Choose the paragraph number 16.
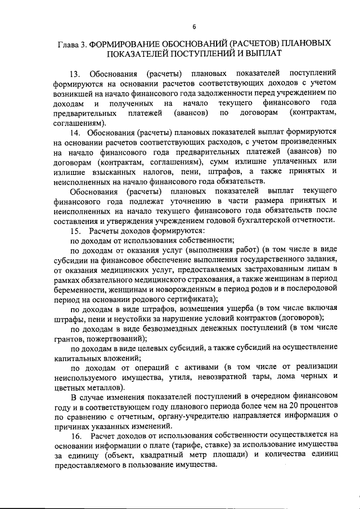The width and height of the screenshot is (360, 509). point(75,436)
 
